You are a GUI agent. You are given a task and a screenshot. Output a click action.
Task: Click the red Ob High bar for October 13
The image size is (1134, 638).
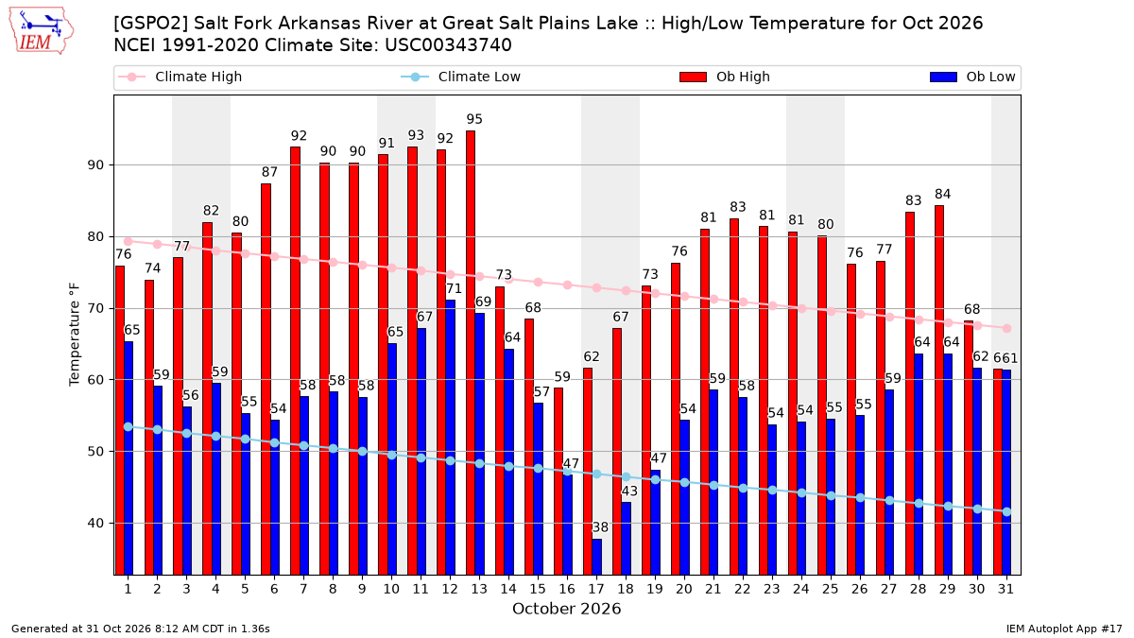471,353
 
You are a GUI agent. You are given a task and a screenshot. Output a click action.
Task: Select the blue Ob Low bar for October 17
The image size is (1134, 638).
597,557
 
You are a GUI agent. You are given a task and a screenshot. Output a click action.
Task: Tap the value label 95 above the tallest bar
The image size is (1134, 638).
474,119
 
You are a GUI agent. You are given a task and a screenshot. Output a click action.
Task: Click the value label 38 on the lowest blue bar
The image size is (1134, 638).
600,527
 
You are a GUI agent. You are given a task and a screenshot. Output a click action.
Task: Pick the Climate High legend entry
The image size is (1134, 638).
180,77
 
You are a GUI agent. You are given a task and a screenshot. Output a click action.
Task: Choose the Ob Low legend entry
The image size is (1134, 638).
973,77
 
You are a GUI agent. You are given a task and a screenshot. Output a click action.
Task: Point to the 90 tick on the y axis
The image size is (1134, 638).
95,165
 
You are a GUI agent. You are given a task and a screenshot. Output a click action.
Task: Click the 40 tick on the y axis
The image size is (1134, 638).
95,523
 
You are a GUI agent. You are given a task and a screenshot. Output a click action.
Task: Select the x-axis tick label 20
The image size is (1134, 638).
684,589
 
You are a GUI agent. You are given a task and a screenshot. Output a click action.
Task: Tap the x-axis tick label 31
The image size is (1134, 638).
1005,589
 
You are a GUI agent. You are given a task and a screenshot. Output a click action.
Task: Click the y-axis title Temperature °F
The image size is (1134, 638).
75,335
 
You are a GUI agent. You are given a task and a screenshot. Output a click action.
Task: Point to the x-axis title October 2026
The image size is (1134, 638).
566,609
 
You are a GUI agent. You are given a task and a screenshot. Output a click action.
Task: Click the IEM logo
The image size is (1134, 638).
41,31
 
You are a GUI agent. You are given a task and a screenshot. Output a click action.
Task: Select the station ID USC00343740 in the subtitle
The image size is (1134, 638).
448,45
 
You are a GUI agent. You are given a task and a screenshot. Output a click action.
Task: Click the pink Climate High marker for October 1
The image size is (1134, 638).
129,242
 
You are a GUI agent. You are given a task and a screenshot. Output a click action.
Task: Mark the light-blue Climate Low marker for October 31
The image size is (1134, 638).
1007,512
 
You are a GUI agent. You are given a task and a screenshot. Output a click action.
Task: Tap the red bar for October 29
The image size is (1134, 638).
939,389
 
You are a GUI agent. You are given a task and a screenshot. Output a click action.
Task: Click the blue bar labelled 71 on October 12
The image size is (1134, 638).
450,438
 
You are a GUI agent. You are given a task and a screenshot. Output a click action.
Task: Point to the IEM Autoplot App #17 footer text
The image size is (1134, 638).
1064,629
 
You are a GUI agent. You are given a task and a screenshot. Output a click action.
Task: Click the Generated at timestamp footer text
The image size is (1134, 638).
141,629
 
